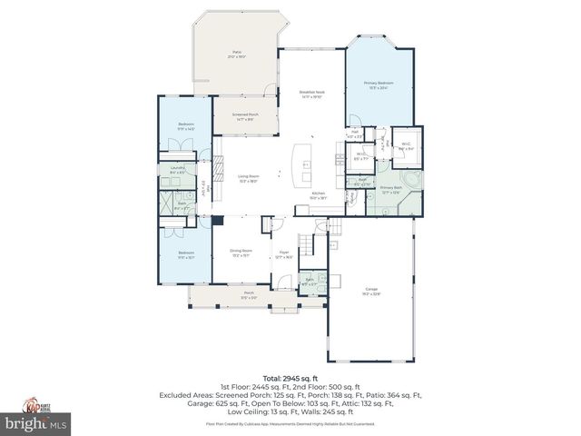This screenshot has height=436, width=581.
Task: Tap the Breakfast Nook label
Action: pos(311,94)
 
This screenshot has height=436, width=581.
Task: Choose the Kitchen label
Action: pos(319,195)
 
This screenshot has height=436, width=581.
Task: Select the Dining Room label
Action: pos(241,253)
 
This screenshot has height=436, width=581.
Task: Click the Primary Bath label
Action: pos(391,190)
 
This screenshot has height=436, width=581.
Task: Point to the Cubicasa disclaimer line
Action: pos(290,423)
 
